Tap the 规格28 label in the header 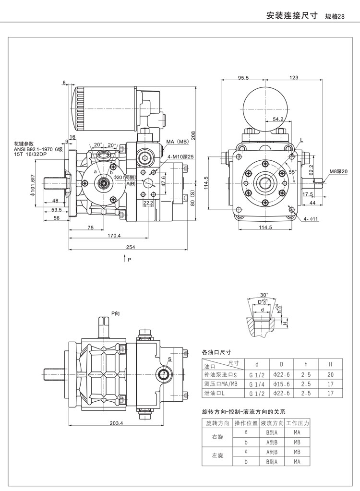pyautogui.click(x=335, y=16)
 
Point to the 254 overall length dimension pyautogui.click(x=130, y=247)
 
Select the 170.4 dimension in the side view pyautogui.click(x=114, y=236)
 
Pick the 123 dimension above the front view pyautogui.click(x=294, y=78)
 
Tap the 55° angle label pyautogui.click(x=292, y=171)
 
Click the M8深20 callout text pyautogui.click(x=338, y=172)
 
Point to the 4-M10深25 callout pyautogui.click(x=180, y=156)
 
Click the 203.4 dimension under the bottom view pyautogui.click(x=116, y=423)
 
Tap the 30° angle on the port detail pyautogui.click(x=264, y=295)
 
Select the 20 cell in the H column pyautogui.click(x=330, y=374)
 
